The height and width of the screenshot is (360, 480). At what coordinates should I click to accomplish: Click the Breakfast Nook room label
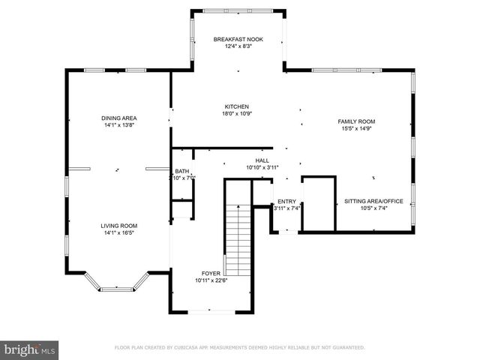[x=238, y=39]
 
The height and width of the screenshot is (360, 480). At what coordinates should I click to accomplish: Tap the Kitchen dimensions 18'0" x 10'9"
[x=236, y=114]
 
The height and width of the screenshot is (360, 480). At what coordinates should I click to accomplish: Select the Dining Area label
[x=119, y=118]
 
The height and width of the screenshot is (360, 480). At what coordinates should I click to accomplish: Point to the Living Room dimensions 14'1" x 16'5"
[x=119, y=232]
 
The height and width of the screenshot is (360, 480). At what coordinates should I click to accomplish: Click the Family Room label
[x=356, y=121]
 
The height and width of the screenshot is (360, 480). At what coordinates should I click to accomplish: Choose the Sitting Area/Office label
[x=373, y=201]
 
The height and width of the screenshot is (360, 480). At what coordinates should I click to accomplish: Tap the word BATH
[x=182, y=171]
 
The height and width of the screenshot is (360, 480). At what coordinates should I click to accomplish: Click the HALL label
[x=262, y=160]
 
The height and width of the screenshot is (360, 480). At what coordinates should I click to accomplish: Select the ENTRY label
[x=286, y=201]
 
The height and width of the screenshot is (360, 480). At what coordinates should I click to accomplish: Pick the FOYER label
[x=211, y=274]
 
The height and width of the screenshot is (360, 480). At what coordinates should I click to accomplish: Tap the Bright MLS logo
[x=30, y=349]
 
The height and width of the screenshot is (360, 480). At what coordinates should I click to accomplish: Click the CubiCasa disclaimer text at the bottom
[x=239, y=348]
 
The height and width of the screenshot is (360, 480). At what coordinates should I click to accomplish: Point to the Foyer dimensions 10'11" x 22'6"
[x=211, y=281]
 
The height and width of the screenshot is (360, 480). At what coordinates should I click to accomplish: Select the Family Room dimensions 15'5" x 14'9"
[x=356, y=129]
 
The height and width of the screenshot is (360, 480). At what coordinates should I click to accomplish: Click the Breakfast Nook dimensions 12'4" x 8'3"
[x=238, y=46]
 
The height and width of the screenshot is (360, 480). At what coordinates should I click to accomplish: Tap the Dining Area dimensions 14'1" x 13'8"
[x=119, y=125]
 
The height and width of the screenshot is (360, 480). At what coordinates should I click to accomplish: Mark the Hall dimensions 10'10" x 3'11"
[x=262, y=167]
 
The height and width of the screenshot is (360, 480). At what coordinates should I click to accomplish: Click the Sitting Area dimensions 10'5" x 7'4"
[x=373, y=208]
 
